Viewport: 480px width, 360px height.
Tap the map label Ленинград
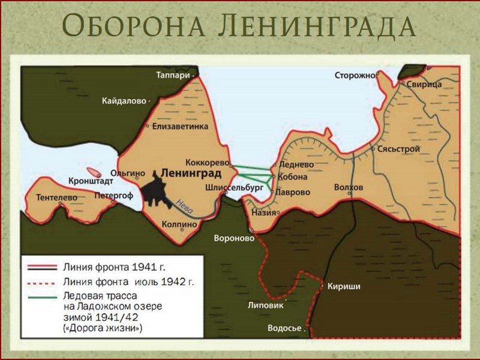point(191,173)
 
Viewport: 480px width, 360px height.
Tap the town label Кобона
point(293,177)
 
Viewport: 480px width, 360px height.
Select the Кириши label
point(344,287)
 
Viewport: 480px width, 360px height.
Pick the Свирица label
point(424,85)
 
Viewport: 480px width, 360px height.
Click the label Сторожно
point(355,75)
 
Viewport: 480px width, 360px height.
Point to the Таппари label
point(173,75)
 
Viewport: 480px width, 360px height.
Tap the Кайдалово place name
point(124,101)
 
